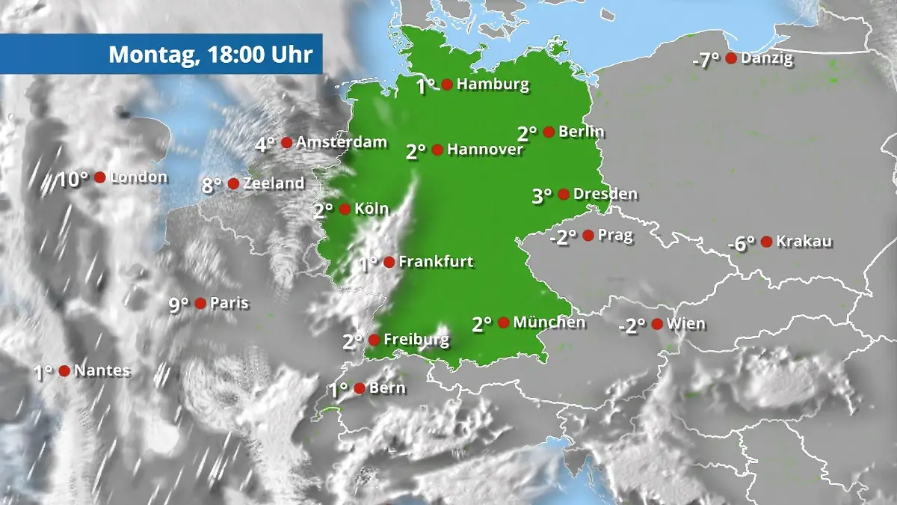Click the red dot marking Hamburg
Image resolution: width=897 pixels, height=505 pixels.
[447, 85]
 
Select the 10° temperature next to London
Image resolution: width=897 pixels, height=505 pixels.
[74, 180]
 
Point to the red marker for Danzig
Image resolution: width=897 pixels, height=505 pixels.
[731, 58]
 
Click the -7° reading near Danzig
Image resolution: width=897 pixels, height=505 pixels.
[706, 60]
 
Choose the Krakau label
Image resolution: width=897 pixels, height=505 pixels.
[804, 242]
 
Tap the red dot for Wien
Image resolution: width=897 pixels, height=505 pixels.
[657, 324]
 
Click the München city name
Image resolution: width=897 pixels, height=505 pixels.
[549, 322]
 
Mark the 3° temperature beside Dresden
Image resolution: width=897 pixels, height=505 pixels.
[542, 196]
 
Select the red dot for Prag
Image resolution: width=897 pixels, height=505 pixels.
[588, 236]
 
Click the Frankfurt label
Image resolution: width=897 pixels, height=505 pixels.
[437, 262]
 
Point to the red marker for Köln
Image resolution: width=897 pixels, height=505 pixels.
[345, 209]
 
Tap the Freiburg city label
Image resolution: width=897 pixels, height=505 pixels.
[416, 340]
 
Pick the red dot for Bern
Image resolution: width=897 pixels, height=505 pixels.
[360, 388]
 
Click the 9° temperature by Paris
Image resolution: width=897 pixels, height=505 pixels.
[179, 304]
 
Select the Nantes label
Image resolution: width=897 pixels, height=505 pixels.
[102, 370]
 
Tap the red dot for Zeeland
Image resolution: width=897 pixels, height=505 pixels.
[233, 183]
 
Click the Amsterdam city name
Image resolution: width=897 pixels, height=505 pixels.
[342, 142]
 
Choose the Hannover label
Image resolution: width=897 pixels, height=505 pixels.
[485, 150]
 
